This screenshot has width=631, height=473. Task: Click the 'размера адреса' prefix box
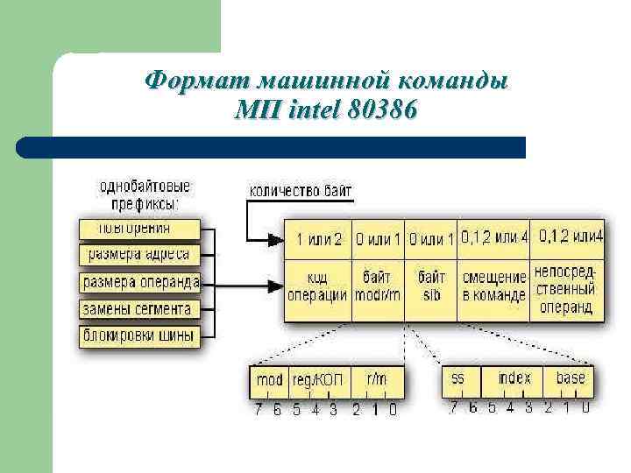139,255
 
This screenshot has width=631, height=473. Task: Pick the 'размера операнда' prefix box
140,282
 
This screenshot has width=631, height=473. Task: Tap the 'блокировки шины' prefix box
138,335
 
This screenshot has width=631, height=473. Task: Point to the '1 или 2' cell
319,238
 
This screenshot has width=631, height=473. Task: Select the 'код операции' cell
317,286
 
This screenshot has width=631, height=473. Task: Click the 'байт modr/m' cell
377,286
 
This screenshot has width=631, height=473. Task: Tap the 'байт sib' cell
431,286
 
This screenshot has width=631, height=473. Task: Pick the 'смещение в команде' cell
494,286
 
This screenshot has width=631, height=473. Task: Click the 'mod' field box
269,381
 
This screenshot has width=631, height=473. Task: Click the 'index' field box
514,379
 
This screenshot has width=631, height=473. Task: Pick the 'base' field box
570,379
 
